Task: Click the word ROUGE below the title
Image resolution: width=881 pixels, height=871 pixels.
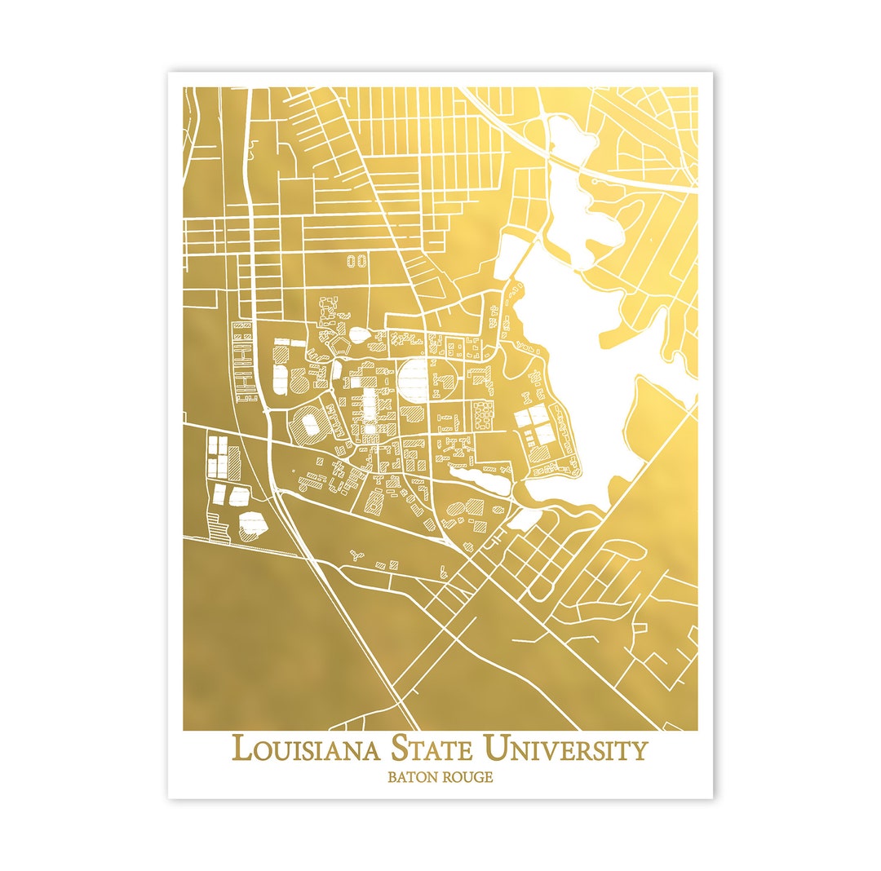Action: (x=467, y=777)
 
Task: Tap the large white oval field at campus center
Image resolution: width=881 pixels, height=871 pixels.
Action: (x=414, y=378)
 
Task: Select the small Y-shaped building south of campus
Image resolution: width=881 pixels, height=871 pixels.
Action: (x=356, y=556)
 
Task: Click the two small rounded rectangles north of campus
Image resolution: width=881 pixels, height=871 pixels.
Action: (x=356, y=262)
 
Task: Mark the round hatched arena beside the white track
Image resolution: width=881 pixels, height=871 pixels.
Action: (x=299, y=381)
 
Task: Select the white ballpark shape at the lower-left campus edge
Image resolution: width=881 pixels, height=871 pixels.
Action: (x=254, y=524)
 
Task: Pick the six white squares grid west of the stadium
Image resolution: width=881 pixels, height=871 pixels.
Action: (x=219, y=457)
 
